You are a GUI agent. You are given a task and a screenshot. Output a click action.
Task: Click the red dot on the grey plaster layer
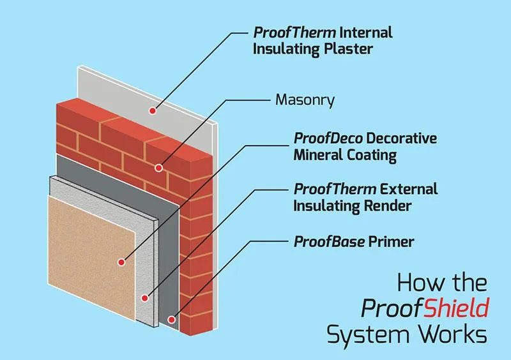coord(153,111)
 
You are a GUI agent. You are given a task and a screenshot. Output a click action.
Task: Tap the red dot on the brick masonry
coord(158,168)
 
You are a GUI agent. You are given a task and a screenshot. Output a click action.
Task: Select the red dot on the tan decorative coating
coord(121,262)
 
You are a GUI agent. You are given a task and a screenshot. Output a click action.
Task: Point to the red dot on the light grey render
coord(145,298)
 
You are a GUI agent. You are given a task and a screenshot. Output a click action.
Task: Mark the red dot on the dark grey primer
coord(172,319)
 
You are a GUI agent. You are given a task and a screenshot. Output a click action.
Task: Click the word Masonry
coord(305,100)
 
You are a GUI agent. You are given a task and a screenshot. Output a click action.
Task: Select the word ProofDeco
coord(328,138)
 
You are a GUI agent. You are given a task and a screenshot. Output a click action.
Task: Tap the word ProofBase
coord(329,242)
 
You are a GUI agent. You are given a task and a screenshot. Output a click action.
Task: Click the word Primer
coord(391,242)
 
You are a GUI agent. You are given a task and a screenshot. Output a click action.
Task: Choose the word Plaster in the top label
coord(348,49)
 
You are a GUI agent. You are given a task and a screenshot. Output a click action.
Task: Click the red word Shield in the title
coord(456,308)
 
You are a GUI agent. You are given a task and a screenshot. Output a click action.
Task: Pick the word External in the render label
coord(409,190)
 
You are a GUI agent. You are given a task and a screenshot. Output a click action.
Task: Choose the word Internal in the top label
coord(366,33)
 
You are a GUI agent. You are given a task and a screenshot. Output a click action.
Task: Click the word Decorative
coord(402,138)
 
